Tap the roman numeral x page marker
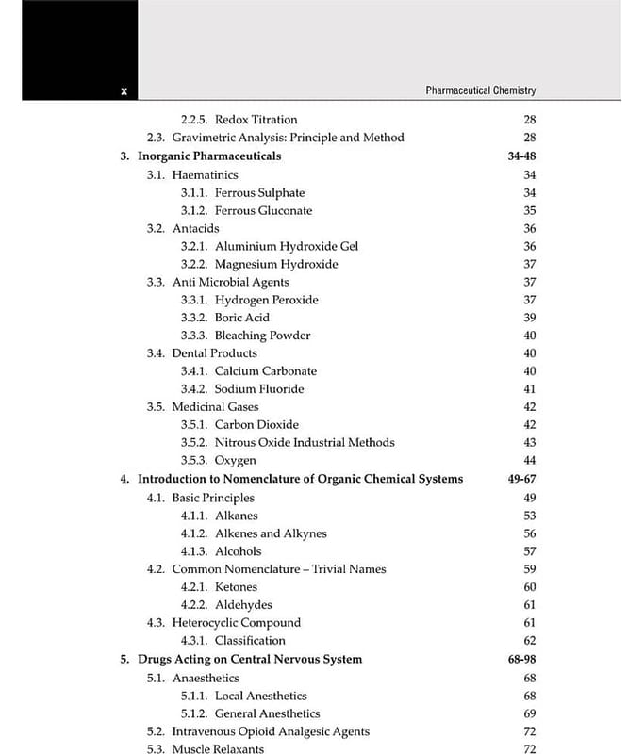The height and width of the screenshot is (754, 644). [x=124, y=91]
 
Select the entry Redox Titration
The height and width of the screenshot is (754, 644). [x=256, y=120]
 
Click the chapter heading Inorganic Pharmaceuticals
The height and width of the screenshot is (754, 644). [x=209, y=156]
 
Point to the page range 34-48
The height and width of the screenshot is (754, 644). [x=521, y=156]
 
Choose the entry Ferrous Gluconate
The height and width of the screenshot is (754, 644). [x=263, y=210]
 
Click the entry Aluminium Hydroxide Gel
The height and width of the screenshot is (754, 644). [x=287, y=246]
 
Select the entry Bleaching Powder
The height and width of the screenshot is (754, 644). [x=262, y=336]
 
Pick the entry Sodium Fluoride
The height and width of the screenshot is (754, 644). [x=259, y=389]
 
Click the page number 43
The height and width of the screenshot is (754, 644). [x=529, y=443]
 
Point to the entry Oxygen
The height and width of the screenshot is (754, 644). [x=235, y=461]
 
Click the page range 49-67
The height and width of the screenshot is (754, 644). [x=521, y=479]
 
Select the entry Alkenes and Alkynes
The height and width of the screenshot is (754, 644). [x=271, y=533]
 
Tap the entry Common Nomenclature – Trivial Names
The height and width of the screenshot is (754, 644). [x=278, y=569]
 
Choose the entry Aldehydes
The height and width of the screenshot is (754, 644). [x=243, y=605]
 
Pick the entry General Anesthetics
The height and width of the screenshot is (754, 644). [x=267, y=713]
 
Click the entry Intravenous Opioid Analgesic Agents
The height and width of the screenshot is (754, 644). [x=271, y=731]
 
